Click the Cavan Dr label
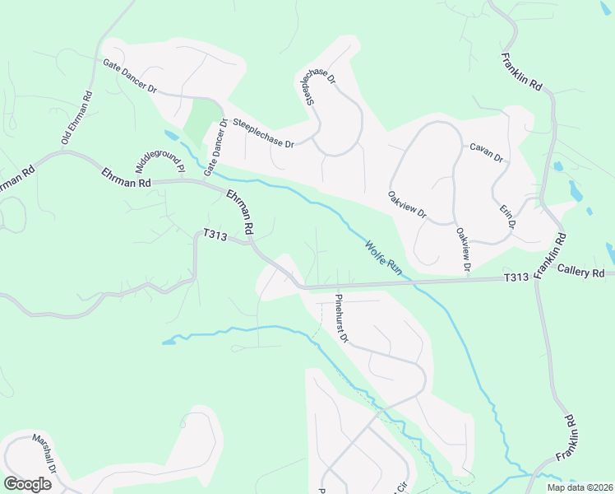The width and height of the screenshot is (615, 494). (x=486, y=152)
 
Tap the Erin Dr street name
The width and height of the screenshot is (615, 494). (x=507, y=212)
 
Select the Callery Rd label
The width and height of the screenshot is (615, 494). (x=580, y=273)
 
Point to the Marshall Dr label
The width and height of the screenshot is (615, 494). (x=43, y=454)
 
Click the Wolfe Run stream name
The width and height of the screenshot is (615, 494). (x=382, y=255)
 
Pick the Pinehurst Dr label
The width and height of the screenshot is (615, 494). (x=342, y=319)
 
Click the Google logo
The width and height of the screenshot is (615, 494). (x=27, y=483)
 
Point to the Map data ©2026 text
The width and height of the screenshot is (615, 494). (x=579, y=487)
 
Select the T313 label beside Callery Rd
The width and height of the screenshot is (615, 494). (x=516, y=278)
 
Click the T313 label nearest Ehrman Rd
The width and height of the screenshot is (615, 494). (x=215, y=235)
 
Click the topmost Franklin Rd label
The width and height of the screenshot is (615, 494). (x=522, y=72)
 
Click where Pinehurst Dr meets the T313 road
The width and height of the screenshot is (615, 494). (x=335, y=287)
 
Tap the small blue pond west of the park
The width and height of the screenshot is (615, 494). (x=170, y=133)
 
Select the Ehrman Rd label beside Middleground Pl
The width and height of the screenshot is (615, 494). (x=127, y=176)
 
